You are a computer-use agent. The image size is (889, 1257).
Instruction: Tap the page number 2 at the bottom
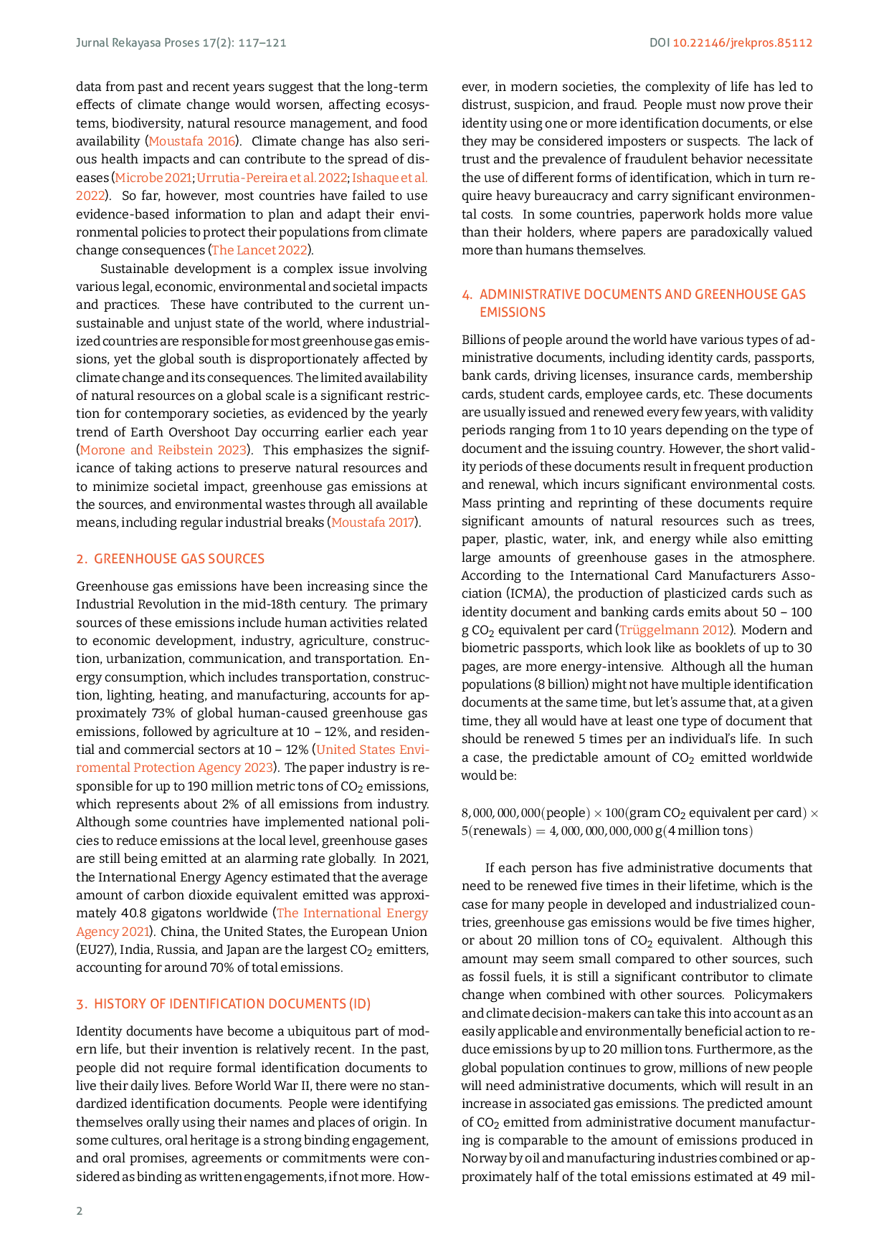(80, 1211)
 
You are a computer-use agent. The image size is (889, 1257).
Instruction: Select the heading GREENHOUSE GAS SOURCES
(179, 559)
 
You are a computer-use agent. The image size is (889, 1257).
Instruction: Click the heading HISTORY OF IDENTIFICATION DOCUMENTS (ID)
(232, 1004)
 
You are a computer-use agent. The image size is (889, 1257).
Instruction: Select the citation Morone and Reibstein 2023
(163, 450)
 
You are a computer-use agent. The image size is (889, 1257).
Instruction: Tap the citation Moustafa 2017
(373, 522)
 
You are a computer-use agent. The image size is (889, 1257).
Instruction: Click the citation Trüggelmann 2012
(674, 630)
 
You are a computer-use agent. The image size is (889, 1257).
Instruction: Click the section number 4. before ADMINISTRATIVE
(467, 295)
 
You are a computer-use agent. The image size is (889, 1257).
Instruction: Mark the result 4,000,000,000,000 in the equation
(601, 831)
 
